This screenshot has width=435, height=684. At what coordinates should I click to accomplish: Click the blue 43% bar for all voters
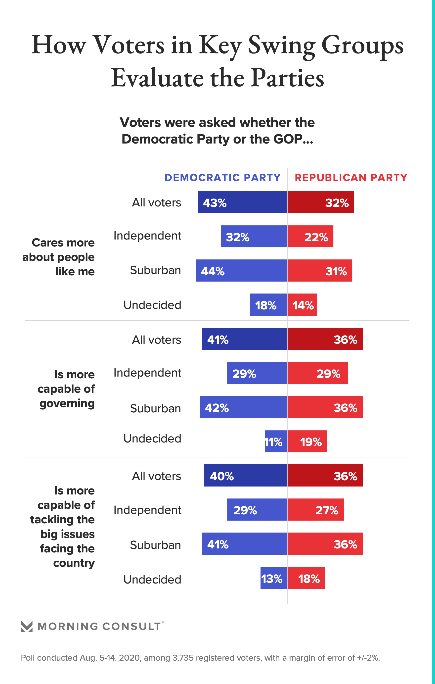click(243, 202)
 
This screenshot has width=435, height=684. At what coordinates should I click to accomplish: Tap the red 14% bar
click(302, 304)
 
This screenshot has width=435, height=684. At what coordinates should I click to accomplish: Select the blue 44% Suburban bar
click(241, 270)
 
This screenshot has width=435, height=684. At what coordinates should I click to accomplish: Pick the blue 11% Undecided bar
click(276, 441)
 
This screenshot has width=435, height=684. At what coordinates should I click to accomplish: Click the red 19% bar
click(307, 441)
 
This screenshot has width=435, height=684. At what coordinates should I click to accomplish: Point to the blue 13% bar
click(274, 578)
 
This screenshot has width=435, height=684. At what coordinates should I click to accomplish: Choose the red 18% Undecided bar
click(306, 578)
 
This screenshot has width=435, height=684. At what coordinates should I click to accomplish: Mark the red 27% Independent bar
click(315, 510)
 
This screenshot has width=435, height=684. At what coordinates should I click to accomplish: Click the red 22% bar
click(310, 236)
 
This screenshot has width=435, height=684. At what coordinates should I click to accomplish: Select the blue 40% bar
click(246, 476)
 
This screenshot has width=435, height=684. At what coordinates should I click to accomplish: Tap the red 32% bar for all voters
click(321, 202)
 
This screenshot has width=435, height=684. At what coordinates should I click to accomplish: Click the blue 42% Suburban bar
click(244, 407)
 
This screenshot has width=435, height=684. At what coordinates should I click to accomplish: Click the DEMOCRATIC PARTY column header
click(223, 178)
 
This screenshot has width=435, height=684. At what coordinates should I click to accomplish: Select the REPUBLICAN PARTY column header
click(351, 178)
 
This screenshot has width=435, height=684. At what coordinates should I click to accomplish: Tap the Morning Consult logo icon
click(27, 626)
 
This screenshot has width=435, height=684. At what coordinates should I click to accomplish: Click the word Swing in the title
click(281, 46)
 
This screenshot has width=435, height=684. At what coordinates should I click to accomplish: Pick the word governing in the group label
click(67, 404)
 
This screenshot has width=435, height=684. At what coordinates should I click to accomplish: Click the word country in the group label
click(74, 563)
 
